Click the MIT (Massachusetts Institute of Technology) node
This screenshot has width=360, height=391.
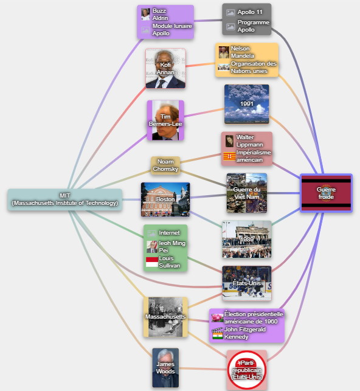65,199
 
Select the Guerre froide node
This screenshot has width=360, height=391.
326,193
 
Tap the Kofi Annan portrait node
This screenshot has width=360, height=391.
165,68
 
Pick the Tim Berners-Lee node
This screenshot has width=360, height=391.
165,120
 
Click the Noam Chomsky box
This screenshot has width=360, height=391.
165,165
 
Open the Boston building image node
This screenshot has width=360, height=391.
165,199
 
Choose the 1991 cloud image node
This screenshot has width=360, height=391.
247,104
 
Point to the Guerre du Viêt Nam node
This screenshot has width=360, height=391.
247,193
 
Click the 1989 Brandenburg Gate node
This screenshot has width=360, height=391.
247,240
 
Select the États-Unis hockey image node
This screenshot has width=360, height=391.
247,283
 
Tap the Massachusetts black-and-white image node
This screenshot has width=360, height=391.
165,317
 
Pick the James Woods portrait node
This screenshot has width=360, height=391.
165,368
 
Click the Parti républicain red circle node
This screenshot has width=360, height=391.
247,370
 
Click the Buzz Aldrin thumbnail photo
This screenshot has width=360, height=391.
145,14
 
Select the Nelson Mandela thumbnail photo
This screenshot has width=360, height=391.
224,52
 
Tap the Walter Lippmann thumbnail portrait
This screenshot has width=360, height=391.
229,141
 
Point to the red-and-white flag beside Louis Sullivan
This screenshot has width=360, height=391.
152,262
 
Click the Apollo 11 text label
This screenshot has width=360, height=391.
250,12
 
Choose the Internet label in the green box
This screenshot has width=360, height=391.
169,233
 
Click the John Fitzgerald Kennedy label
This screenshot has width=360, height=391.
245,333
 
